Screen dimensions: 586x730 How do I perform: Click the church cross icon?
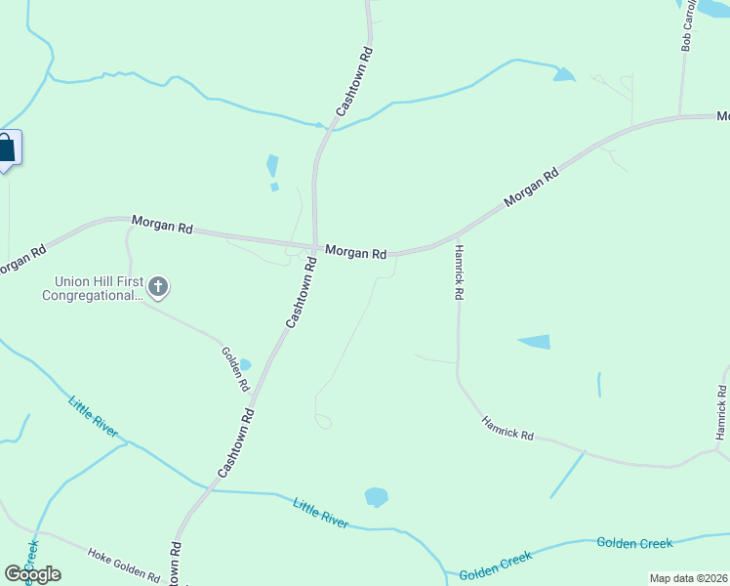[159, 287]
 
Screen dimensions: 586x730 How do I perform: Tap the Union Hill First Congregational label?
[94, 287]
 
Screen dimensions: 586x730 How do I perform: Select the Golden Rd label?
[234, 369]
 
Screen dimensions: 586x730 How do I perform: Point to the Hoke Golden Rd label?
[123, 565]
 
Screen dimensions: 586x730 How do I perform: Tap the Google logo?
[32, 573]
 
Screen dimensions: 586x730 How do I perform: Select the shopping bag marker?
[6, 149]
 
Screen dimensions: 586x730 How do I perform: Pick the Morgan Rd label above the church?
[162, 226]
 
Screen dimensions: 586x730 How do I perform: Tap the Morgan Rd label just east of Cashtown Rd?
[355, 252]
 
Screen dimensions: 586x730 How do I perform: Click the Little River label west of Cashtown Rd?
[94, 416]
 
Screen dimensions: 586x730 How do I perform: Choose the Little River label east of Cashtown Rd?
[321, 512]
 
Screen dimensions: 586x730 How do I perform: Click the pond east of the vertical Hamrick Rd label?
[535, 342]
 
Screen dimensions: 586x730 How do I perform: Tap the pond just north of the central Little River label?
[376, 497]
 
